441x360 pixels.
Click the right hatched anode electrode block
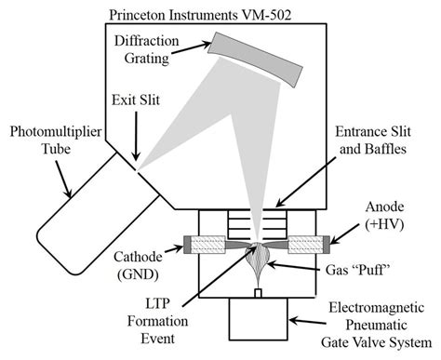coord(307,246)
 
